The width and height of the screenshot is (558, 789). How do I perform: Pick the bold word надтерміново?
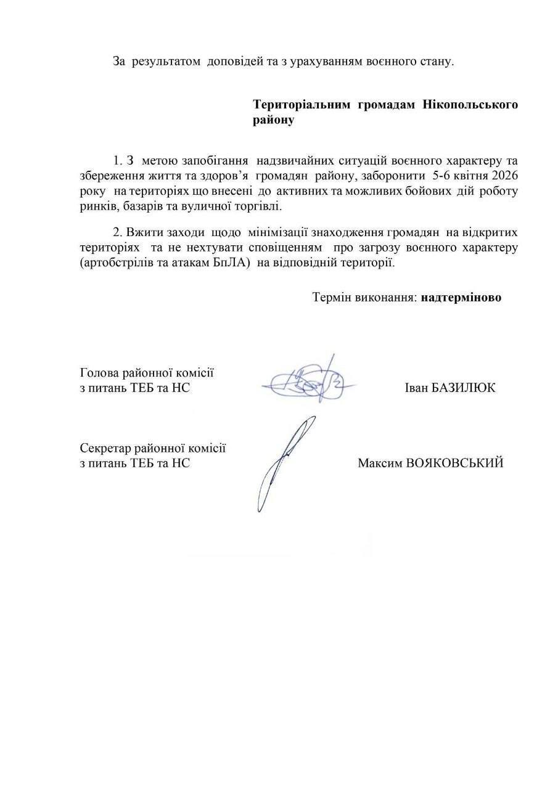click(x=462, y=297)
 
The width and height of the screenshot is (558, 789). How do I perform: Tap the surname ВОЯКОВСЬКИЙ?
click(x=454, y=463)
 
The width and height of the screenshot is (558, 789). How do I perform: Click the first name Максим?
click(x=379, y=463)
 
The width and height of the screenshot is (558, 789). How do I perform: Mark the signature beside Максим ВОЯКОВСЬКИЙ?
click(x=284, y=462)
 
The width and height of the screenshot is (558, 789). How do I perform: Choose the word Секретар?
click(x=104, y=448)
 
